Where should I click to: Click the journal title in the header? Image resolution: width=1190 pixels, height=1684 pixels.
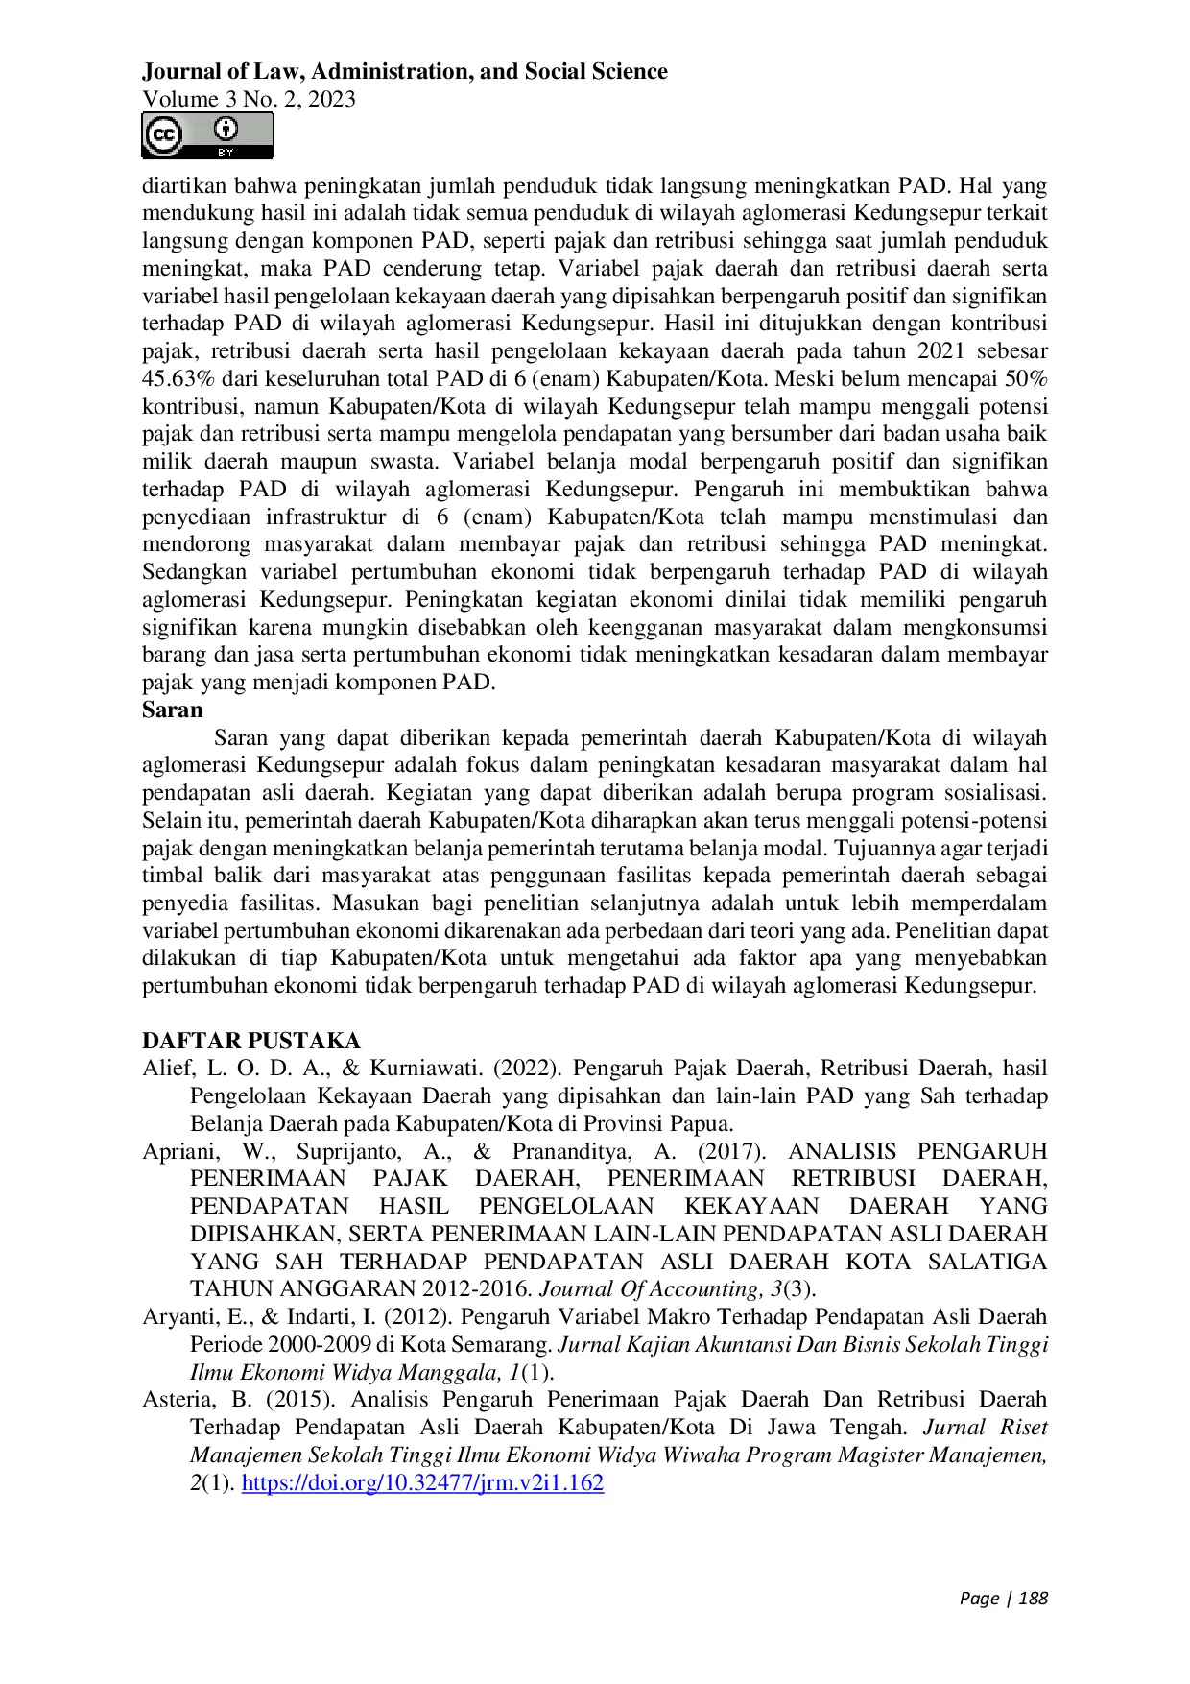404,72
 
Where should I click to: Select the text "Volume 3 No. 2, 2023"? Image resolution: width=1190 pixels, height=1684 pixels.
249,99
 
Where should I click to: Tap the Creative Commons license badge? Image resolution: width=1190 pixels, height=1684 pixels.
207,135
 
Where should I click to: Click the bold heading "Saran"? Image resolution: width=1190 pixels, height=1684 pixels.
173,710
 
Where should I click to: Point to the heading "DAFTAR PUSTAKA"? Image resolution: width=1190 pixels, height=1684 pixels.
251,1041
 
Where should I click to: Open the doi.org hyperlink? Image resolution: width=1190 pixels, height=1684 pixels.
422,1482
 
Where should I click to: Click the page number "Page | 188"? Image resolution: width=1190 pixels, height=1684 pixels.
1003,1598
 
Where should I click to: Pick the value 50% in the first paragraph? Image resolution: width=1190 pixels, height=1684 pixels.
1026,379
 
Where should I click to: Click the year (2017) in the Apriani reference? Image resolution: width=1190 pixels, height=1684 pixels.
731,1151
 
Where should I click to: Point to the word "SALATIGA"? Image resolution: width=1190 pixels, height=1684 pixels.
987,1262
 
